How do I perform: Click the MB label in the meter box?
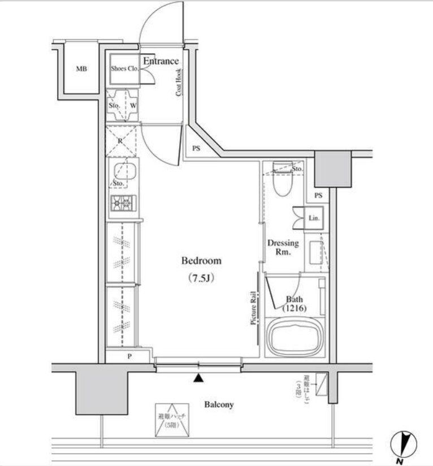tap(81, 70)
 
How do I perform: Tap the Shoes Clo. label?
tap(124, 69)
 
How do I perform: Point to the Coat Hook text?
tap(178, 82)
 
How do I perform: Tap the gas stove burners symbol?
tap(123, 202)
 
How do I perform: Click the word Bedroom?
tap(201, 261)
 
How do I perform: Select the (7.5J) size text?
tap(201, 278)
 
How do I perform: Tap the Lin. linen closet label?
tap(314, 218)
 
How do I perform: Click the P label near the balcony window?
tap(129, 356)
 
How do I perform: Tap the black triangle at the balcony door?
tap(198, 379)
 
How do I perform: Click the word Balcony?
tap(219, 405)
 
